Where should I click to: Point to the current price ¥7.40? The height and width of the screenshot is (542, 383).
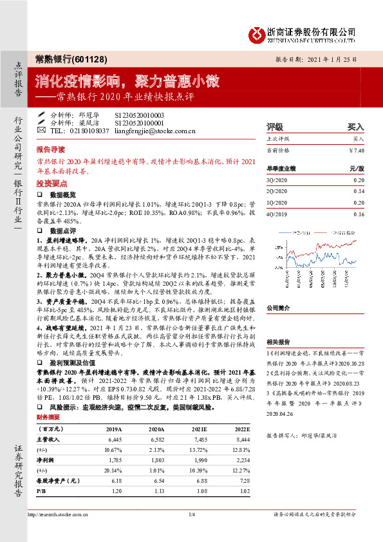click(357, 150)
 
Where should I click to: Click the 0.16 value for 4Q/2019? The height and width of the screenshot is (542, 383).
click(358, 214)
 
